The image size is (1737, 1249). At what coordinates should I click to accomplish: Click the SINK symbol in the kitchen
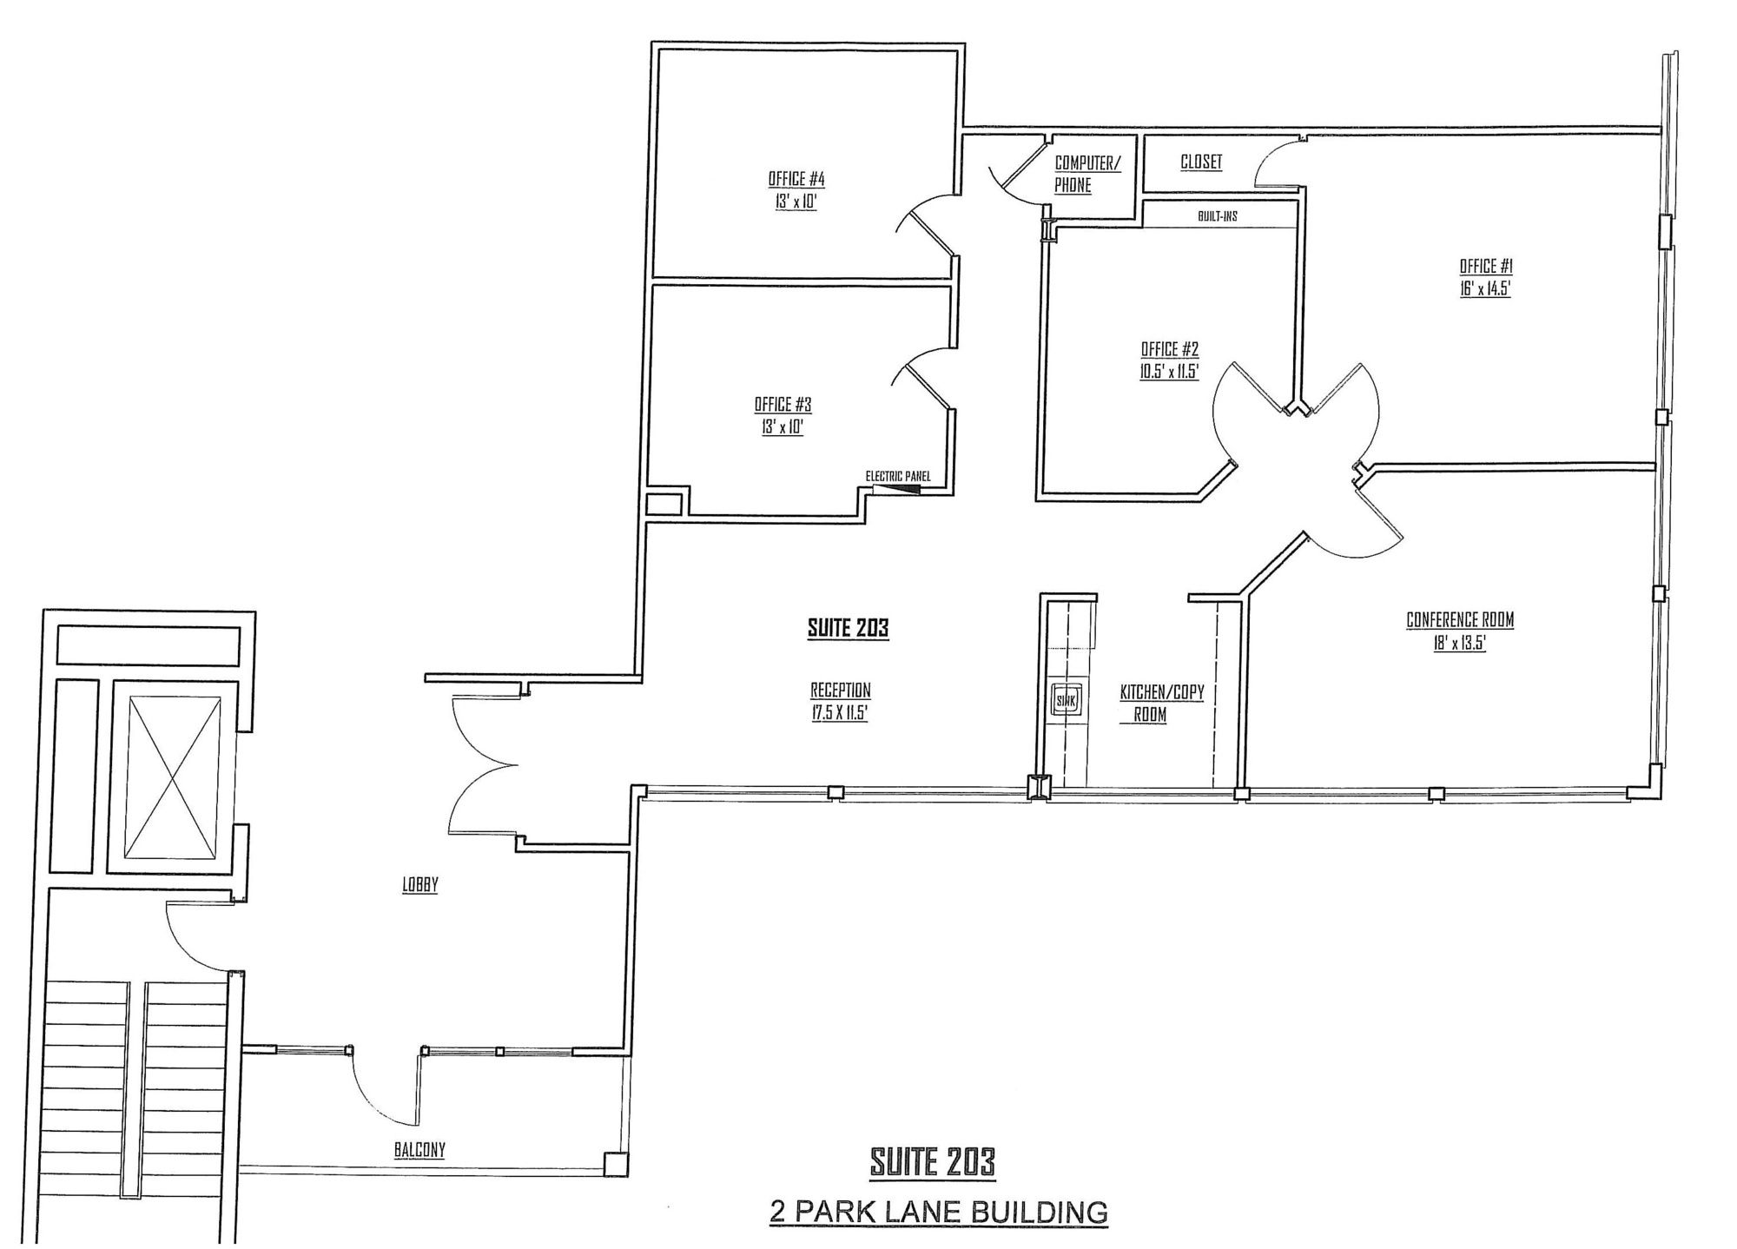coord(1065,700)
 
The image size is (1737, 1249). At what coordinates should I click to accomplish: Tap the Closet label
coord(1201,162)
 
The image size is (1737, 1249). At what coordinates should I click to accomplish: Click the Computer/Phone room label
coord(1087,174)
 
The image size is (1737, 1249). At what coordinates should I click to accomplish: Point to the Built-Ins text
coord(1218,216)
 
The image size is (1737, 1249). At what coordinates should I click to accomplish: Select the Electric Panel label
coord(898,476)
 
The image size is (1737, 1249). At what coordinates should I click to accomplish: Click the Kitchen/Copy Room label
coord(1161,704)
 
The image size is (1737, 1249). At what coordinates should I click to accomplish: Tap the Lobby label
coord(419,885)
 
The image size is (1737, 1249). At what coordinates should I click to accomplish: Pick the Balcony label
coord(419,1150)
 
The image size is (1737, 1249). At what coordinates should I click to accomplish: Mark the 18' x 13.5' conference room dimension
coord(1460,644)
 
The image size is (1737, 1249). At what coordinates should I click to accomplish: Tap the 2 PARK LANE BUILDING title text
coord(938,1212)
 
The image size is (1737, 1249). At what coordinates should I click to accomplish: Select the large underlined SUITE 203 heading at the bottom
coord(932,1162)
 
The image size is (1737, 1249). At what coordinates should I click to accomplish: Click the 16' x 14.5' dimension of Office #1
coord(1485,289)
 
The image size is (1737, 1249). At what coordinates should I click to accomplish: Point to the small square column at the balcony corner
coord(615,1164)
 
